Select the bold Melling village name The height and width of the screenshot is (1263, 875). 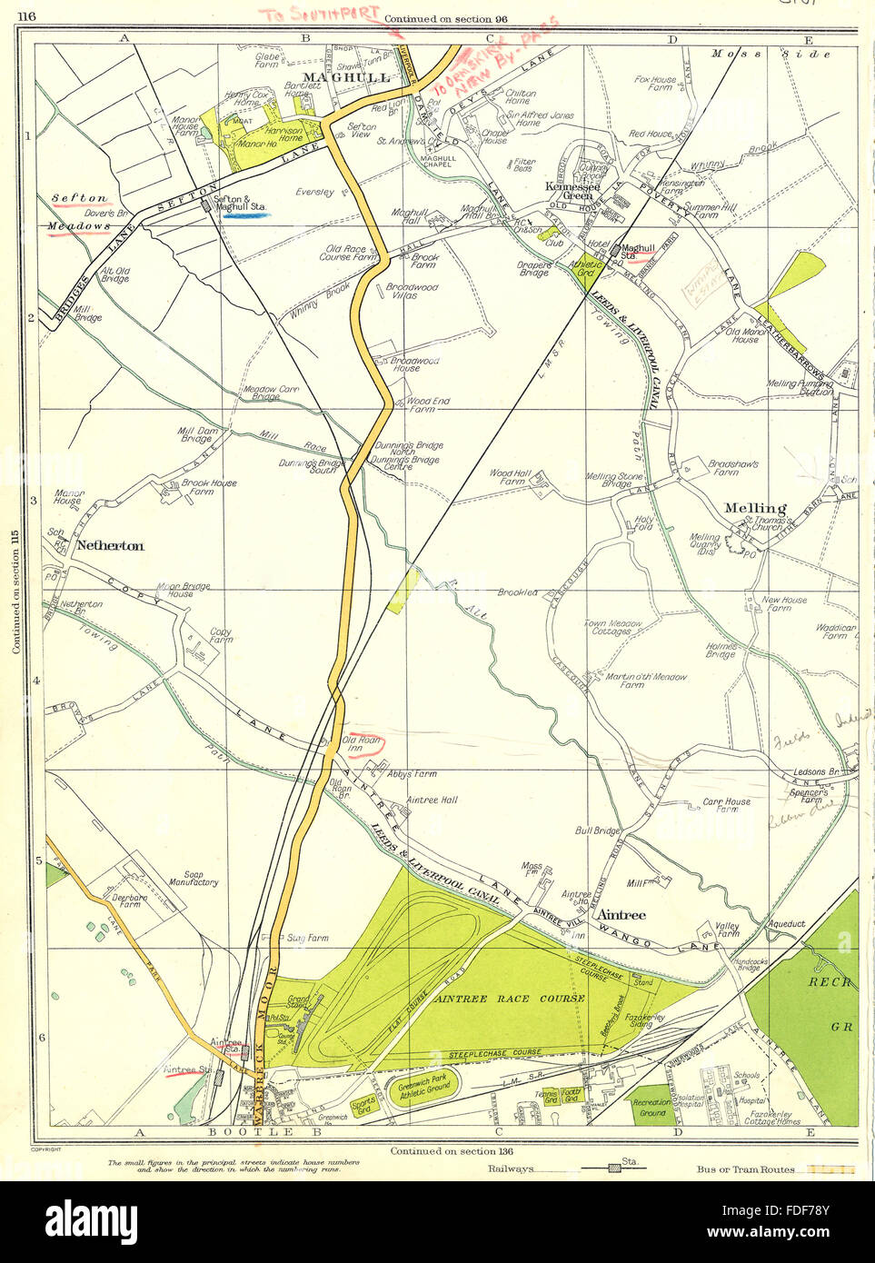755,508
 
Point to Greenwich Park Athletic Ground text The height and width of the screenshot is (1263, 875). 423,1085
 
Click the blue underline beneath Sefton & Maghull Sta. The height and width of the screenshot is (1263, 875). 245,216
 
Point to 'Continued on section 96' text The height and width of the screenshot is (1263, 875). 445,19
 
